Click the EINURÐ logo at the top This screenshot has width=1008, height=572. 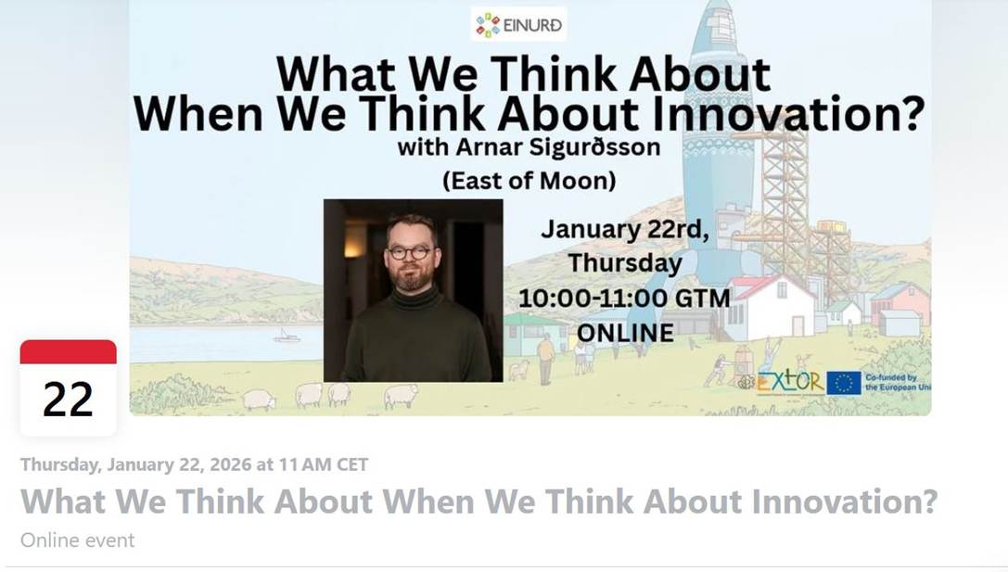tap(518, 24)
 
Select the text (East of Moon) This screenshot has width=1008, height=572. tap(530, 181)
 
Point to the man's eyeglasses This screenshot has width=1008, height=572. tap(410, 252)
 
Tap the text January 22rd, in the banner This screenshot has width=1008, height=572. tap(625, 229)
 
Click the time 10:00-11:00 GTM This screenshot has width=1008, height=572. tap(624, 299)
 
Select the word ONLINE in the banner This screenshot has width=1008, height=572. tap(626, 333)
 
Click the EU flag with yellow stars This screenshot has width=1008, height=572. tap(844, 383)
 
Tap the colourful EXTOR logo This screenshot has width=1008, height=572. tap(789, 382)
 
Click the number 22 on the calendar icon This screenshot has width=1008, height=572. tap(68, 400)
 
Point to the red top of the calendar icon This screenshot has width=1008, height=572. tap(68, 352)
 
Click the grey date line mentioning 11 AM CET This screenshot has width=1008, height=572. tap(194, 464)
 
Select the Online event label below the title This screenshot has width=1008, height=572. tap(77, 540)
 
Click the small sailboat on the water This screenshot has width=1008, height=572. tap(286, 336)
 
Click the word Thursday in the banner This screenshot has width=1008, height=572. tap(625, 263)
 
